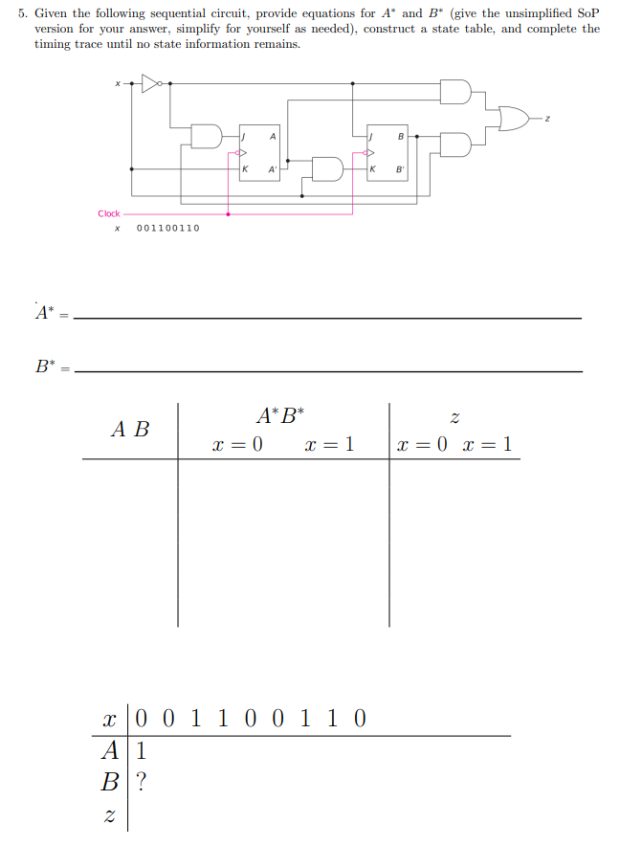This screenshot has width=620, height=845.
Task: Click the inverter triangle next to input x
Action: (148, 83)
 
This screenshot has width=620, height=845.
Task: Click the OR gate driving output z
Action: (512, 118)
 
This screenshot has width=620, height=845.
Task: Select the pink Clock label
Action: (109, 213)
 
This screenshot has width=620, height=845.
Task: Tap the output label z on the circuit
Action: (547, 118)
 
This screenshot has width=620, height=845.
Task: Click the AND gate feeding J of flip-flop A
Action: (206, 136)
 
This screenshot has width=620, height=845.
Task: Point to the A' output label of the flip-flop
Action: (274, 169)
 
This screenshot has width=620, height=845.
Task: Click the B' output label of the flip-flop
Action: (401, 169)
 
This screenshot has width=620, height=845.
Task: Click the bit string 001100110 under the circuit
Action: (168, 228)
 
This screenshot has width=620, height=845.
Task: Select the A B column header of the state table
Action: (130, 429)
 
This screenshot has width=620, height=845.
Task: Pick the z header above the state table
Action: (454, 417)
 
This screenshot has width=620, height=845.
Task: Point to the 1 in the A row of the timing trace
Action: (142, 749)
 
